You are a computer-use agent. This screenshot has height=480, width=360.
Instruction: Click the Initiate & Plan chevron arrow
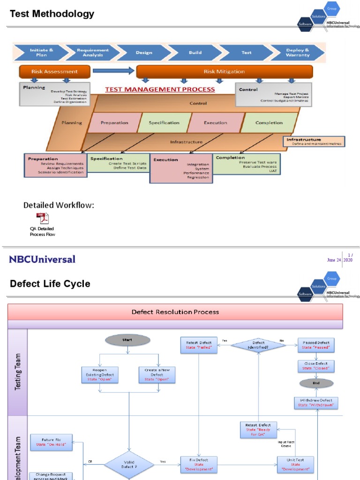point(41,52)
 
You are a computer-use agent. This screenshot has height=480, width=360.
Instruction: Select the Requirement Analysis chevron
point(92,52)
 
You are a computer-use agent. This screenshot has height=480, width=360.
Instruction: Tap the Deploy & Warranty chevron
point(297,52)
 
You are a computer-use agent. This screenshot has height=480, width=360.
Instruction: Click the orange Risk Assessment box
point(54,72)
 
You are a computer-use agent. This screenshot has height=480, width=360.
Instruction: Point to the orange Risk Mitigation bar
point(224,72)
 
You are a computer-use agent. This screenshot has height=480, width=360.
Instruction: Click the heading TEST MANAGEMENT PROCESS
point(160,89)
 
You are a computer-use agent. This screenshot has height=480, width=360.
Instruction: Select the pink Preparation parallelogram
point(114,123)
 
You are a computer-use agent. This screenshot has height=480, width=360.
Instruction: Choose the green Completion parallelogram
point(269,123)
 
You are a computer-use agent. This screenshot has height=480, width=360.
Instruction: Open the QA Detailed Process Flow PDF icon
point(43,218)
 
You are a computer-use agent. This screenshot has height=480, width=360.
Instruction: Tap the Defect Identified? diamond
point(259,345)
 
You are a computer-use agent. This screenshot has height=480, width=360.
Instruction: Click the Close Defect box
point(316,366)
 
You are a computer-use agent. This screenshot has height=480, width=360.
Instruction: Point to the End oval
point(316,383)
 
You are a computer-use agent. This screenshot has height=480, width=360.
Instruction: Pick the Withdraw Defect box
point(316,403)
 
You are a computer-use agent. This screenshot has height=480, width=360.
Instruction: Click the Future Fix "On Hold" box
point(51,442)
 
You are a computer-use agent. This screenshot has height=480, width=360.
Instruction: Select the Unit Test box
point(296,465)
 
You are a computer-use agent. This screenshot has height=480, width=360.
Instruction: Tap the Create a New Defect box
point(157,375)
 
